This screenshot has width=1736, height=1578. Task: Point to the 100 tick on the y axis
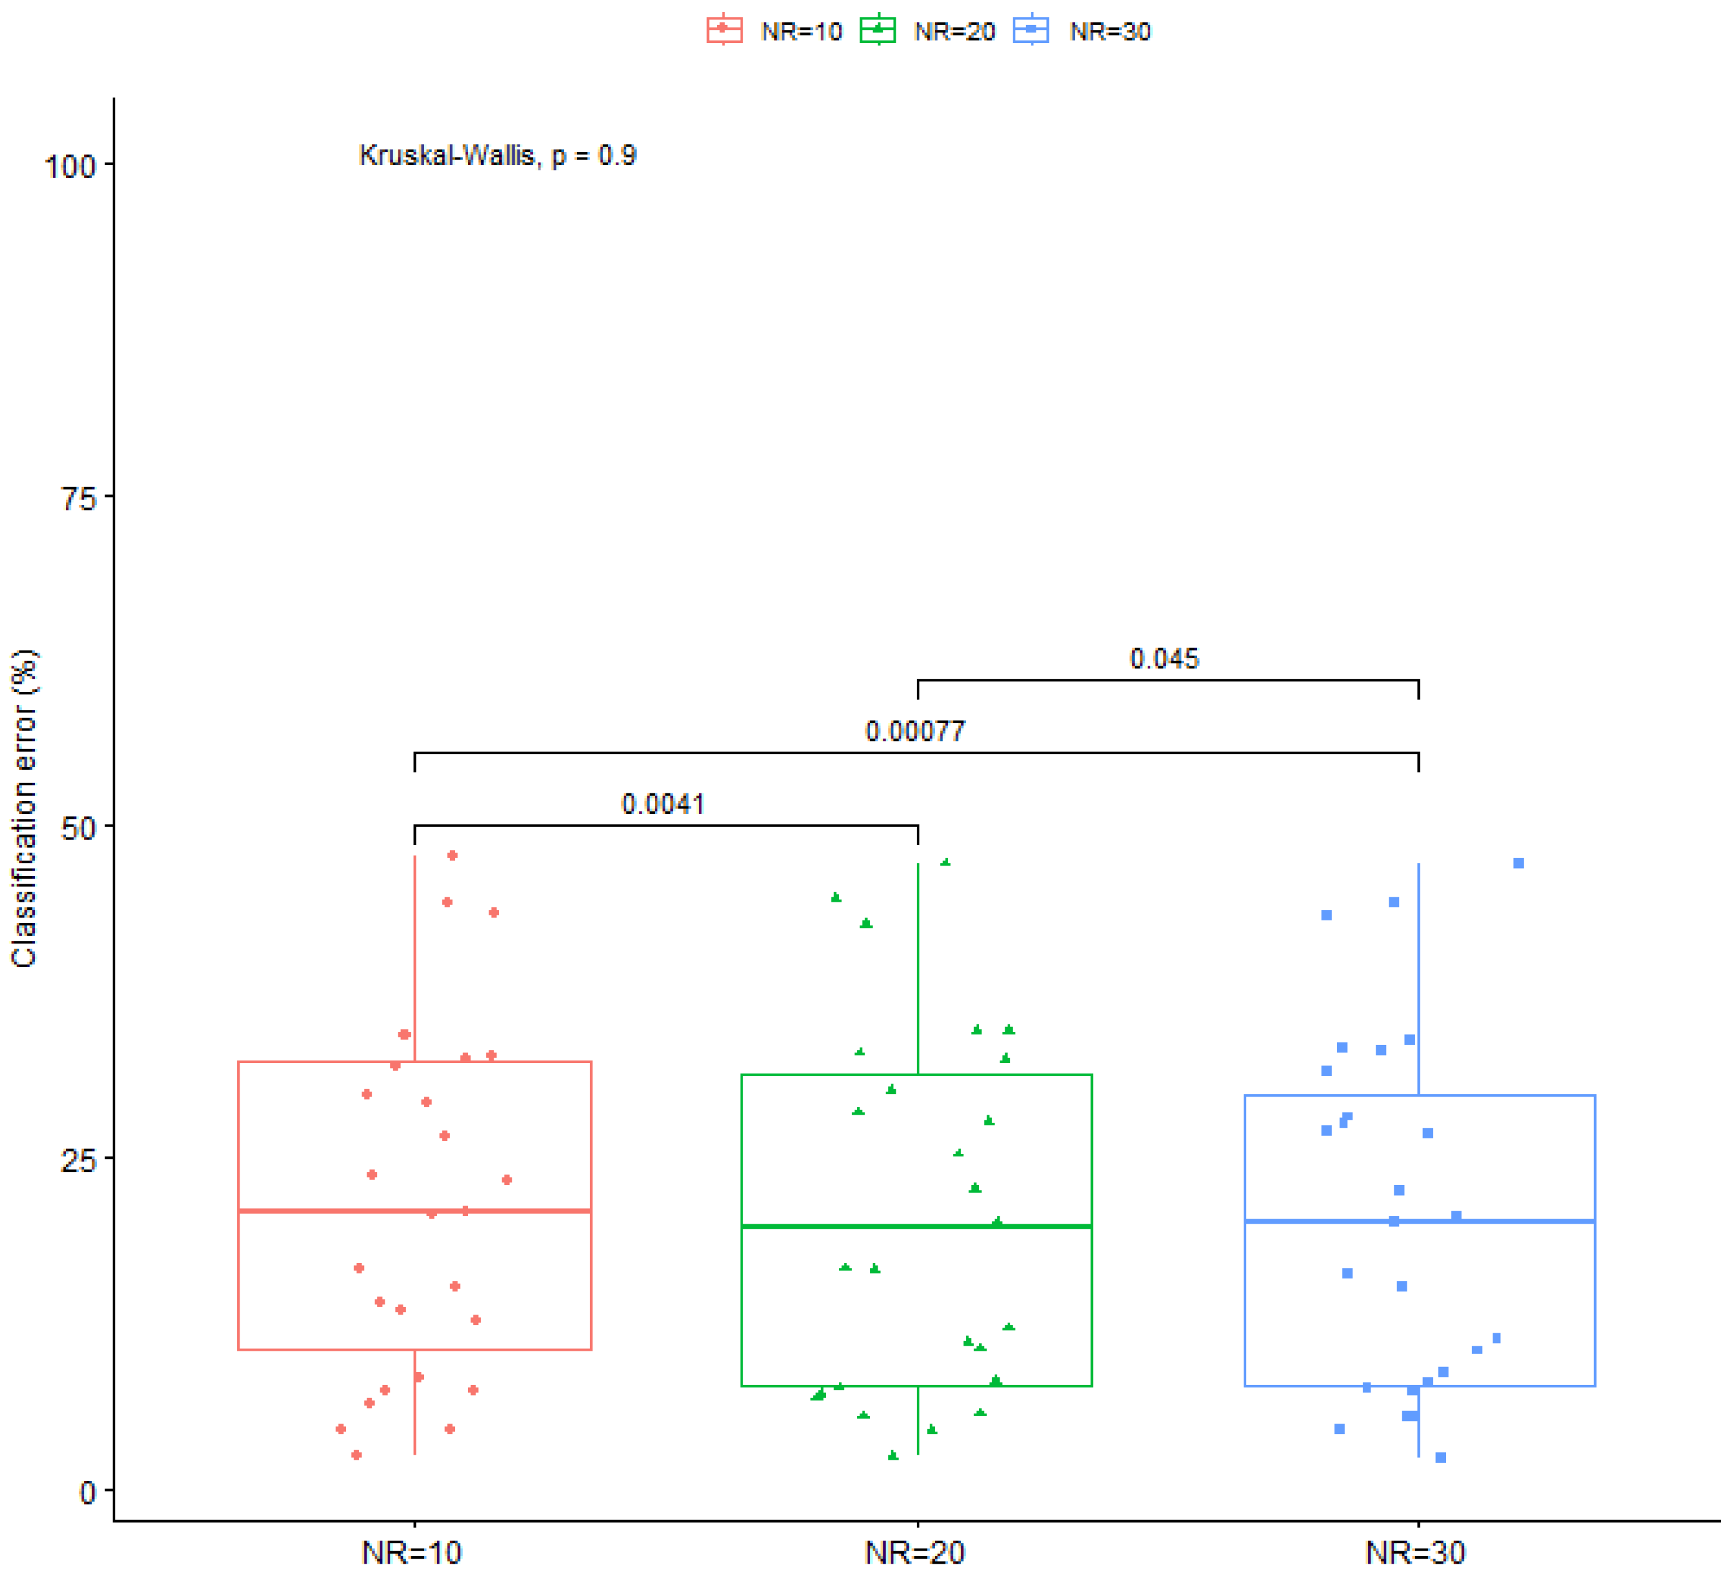pos(70,166)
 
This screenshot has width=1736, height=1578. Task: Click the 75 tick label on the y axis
pos(78,497)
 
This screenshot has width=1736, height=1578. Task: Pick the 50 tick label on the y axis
pos(78,828)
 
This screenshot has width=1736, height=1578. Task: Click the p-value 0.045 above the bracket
pos(1164,659)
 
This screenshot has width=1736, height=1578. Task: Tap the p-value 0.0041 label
pos(663,804)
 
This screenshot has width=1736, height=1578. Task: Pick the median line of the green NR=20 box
pos(827,1226)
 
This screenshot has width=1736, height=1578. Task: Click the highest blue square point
pos(1518,863)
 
